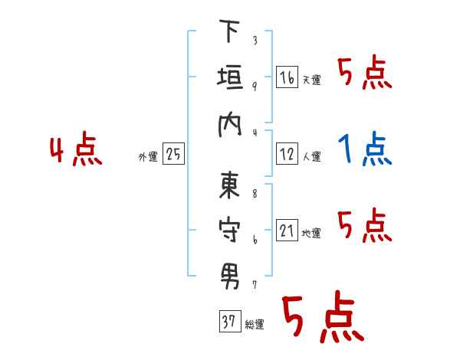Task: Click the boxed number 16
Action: click(x=287, y=77)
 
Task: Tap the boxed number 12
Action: click(x=287, y=154)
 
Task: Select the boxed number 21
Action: click(x=287, y=231)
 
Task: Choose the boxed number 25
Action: click(x=173, y=154)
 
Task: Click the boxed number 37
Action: click(x=228, y=322)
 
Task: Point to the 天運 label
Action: click(x=311, y=80)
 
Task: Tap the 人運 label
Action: click(x=311, y=156)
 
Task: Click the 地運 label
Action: click(x=311, y=233)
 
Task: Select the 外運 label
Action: click(x=148, y=156)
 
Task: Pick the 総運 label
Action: click(x=254, y=324)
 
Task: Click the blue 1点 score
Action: click(x=365, y=149)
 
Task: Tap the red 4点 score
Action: click(x=75, y=150)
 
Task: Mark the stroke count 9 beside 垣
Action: click(x=254, y=85)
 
